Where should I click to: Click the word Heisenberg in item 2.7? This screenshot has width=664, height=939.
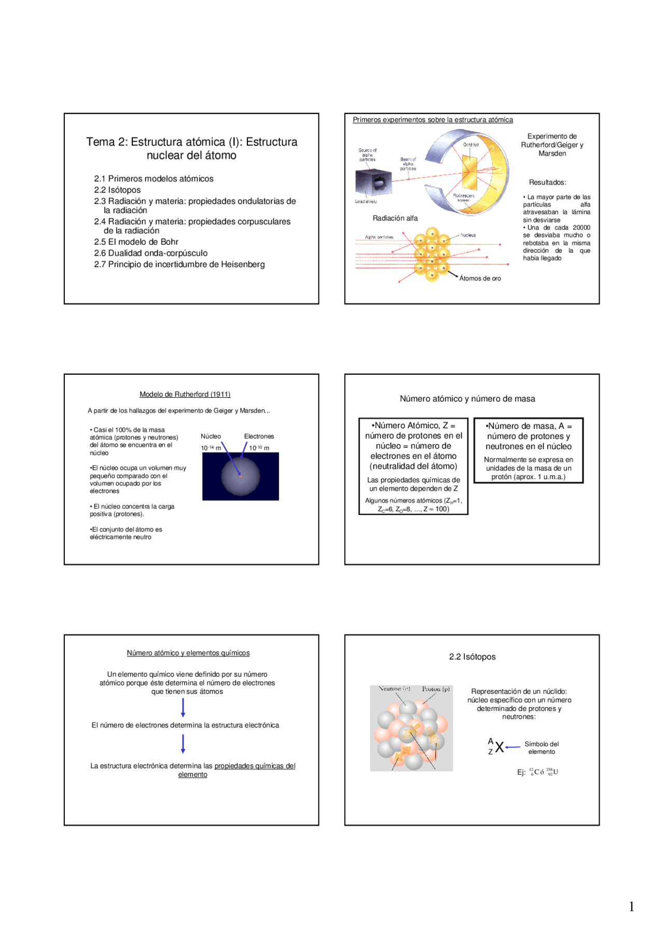point(243,264)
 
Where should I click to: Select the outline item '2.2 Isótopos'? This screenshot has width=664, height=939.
point(117,190)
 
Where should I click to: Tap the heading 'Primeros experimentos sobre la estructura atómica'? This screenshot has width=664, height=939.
point(433,120)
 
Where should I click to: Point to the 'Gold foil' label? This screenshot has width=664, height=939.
point(471,145)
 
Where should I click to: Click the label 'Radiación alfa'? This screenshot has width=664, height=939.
point(395,218)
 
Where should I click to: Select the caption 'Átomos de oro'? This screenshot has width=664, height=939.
point(480,278)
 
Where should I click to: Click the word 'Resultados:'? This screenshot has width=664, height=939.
point(547,183)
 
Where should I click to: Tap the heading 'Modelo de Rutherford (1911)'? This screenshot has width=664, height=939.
point(185,395)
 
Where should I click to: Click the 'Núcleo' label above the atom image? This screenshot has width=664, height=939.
point(211,437)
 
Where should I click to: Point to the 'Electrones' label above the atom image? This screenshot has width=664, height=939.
point(259,437)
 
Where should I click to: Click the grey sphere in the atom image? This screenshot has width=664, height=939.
point(241,476)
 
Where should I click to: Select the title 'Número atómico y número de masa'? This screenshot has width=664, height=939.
point(467,399)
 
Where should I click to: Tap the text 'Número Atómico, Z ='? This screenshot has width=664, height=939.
point(414,426)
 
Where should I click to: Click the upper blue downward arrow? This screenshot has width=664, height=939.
point(183,708)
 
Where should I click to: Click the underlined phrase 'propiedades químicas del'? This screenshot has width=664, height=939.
point(255,766)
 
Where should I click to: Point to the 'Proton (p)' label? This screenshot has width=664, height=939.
point(436,689)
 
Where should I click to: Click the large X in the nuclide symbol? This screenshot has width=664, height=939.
point(499,747)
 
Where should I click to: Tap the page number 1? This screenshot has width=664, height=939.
point(631,906)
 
